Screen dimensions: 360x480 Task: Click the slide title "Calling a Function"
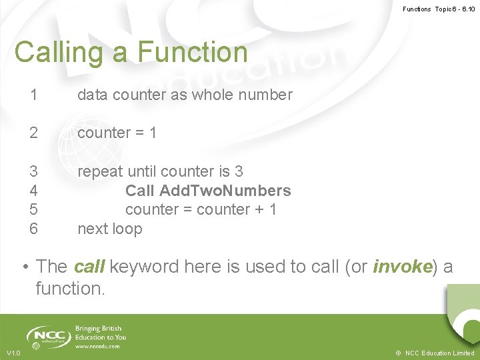tap(131, 52)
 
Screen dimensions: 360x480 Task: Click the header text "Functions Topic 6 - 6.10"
tap(439, 9)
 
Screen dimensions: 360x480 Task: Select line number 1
tap(33, 95)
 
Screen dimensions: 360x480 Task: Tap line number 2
tap(33, 133)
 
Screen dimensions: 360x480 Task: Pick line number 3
tap(33, 171)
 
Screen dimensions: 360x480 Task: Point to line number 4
tap(33, 191)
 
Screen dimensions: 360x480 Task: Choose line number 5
tap(33, 209)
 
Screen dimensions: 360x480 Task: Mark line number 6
tap(33, 229)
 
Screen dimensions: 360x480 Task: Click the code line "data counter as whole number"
tap(185, 95)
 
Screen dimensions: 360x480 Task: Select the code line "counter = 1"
tap(117, 133)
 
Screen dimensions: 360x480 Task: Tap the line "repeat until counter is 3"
tap(160, 171)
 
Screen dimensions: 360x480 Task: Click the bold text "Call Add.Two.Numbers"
tap(208, 191)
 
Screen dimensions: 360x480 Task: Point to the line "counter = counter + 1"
tap(201, 209)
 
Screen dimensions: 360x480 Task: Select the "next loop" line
tap(110, 229)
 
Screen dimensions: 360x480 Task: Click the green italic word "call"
tap(89, 267)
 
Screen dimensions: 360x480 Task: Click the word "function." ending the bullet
tap(71, 289)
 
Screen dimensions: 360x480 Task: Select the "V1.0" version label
tap(13, 353)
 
